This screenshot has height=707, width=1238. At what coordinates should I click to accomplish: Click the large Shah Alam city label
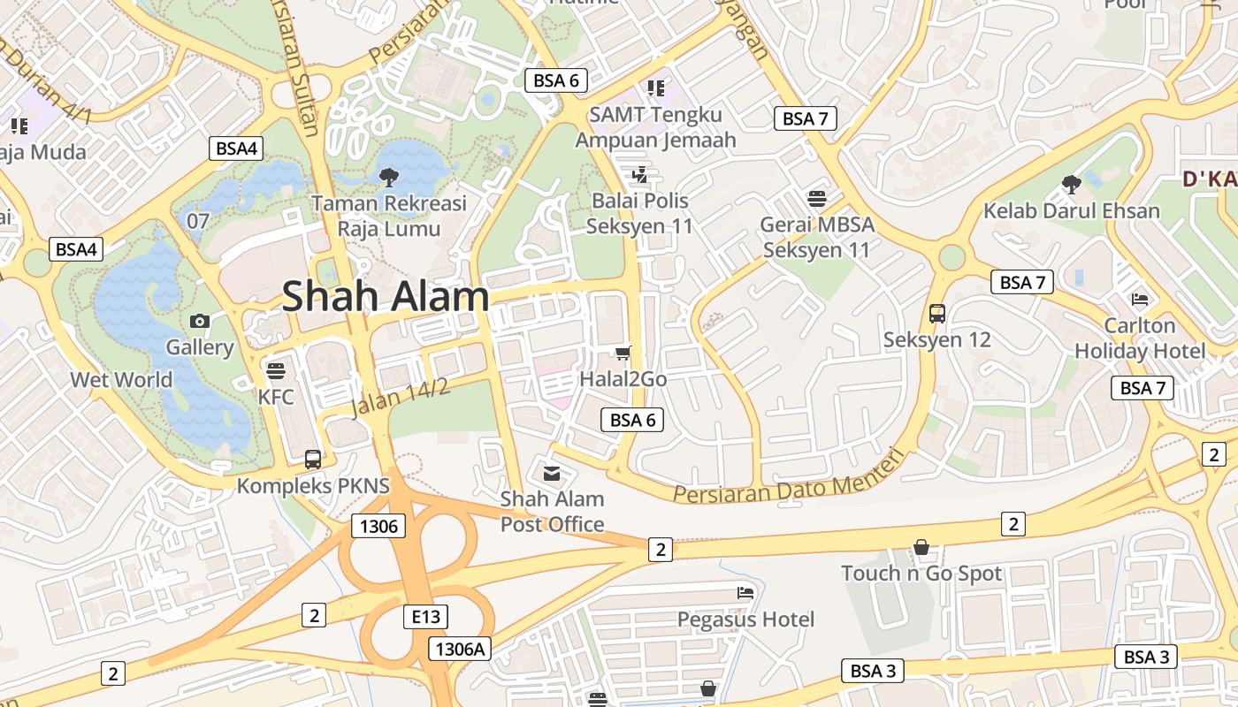click(x=386, y=297)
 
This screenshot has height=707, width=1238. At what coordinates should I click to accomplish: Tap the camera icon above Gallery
click(x=201, y=321)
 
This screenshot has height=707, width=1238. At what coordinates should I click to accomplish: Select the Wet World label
click(x=121, y=380)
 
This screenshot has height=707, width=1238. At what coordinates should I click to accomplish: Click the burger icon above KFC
click(x=276, y=370)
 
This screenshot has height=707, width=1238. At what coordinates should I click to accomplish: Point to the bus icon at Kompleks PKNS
click(x=313, y=459)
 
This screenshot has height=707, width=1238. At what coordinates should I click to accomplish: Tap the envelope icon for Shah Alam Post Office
click(x=552, y=473)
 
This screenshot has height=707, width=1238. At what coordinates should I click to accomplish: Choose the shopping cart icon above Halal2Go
click(x=623, y=353)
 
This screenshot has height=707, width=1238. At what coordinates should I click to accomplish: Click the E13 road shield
click(x=425, y=616)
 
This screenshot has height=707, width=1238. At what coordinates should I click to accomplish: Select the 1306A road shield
click(x=460, y=649)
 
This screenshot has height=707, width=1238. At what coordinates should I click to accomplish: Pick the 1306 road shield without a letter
click(x=378, y=527)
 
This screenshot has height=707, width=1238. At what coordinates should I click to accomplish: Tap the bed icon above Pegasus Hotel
click(x=745, y=592)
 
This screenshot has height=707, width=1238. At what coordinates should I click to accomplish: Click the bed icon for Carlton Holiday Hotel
click(x=1140, y=299)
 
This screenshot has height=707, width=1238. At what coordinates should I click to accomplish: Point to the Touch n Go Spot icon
click(x=921, y=548)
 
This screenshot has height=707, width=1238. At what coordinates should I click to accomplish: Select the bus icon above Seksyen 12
click(x=937, y=313)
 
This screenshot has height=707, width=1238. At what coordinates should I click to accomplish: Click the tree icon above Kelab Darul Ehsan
click(x=1072, y=184)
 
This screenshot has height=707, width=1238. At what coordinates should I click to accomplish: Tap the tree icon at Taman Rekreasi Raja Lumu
click(x=388, y=177)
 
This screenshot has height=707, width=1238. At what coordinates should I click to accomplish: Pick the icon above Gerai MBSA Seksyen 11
click(x=817, y=197)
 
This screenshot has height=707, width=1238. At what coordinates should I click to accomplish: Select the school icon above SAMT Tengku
click(x=655, y=87)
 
